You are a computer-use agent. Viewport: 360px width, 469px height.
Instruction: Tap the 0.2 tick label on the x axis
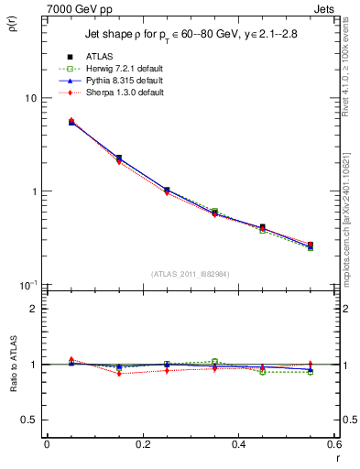(142, 445)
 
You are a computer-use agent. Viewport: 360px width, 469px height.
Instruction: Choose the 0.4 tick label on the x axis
(238, 445)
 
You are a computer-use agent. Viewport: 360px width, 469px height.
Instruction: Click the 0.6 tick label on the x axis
(333, 445)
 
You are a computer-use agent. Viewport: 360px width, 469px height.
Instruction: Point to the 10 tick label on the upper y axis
(30, 98)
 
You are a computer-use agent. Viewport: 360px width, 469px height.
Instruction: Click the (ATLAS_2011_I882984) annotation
(191, 274)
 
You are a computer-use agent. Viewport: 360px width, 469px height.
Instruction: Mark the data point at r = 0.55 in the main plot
(311, 245)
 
